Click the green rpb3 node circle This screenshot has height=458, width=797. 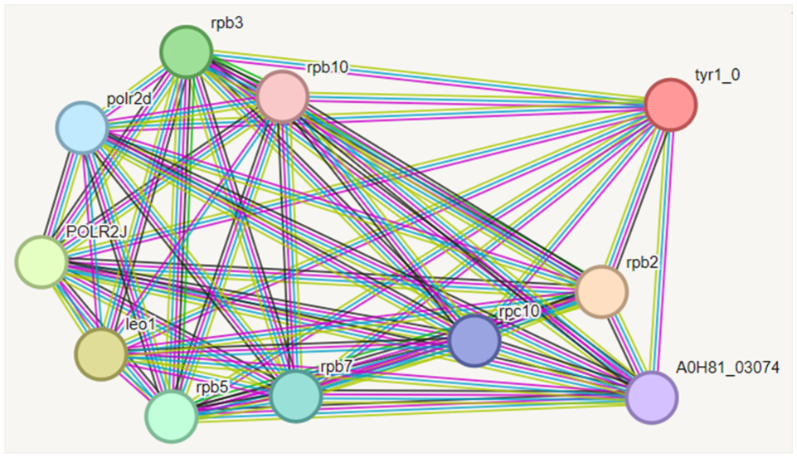click(x=187, y=51)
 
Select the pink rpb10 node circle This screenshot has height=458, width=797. click(x=283, y=97)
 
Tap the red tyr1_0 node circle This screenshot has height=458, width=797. click(x=671, y=105)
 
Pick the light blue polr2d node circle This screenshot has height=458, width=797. click(x=82, y=129)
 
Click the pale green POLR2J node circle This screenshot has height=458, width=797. click(x=41, y=261)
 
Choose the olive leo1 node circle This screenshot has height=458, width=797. click(x=101, y=353)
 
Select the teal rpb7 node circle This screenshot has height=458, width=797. click(x=295, y=397)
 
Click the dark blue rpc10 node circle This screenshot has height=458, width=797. click(x=474, y=340)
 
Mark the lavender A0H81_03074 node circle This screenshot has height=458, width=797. click(x=652, y=397)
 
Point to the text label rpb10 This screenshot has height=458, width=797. click(x=328, y=66)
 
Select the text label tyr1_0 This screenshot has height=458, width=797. click(x=717, y=75)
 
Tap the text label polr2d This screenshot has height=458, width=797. click(x=129, y=100)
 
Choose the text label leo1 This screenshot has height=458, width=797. click(x=140, y=324)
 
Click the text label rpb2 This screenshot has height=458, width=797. click(x=643, y=263)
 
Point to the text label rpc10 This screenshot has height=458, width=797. click(x=519, y=311)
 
